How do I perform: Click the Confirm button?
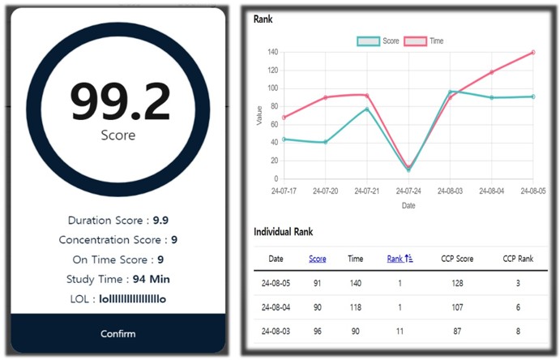pyautogui.click(x=118, y=333)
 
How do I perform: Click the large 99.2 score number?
pyautogui.click(x=120, y=102)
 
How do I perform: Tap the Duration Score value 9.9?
pyautogui.click(x=160, y=221)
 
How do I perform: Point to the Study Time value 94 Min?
pyautogui.click(x=151, y=279)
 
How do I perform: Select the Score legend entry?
pyautogui.click(x=378, y=41)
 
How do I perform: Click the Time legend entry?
pyautogui.click(x=424, y=41)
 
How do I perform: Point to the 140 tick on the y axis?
pyautogui.click(x=272, y=52)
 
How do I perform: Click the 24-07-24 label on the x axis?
pyautogui.click(x=408, y=191)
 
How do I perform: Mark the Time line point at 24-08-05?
pyautogui.click(x=533, y=52)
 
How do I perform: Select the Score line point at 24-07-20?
pyautogui.click(x=325, y=142)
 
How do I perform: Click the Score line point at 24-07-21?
pyautogui.click(x=367, y=109)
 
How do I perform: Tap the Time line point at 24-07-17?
pyautogui.click(x=284, y=118)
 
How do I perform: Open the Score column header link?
pyautogui.click(x=318, y=259)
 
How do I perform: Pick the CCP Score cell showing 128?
pyautogui.click(x=458, y=283)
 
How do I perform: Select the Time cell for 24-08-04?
pyautogui.click(x=355, y=307)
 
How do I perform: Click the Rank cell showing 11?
pyautogui.click(x=400, y=331)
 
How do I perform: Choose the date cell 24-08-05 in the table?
pyautogui.click(x=276, y=283)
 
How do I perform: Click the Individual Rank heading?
pyautogui.click(x=283, y=232)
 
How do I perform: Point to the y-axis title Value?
pyautogui.click(x=259, y=115)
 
